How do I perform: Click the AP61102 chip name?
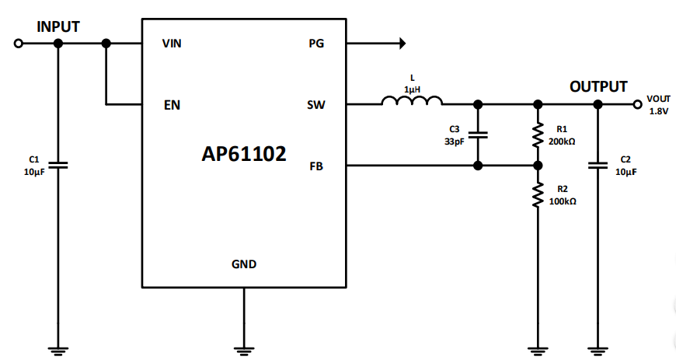coord(243,154)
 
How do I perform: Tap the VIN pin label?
coord(172,44)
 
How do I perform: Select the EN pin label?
coord(172,104)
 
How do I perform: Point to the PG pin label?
coord(316,44)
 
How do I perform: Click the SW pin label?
coord(316,104)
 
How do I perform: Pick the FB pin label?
coord(316,165)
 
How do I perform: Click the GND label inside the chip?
coord(244,264)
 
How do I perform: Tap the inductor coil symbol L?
coord(412,100)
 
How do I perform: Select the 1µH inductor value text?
coord(412,89)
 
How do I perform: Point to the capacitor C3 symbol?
coord(478,134)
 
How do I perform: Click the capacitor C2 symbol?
coord(598,165)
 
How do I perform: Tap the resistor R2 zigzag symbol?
coord(537,195)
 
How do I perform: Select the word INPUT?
coord(58,26)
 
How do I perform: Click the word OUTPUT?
coord(598,86)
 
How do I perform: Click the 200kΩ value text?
coord(562,142)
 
